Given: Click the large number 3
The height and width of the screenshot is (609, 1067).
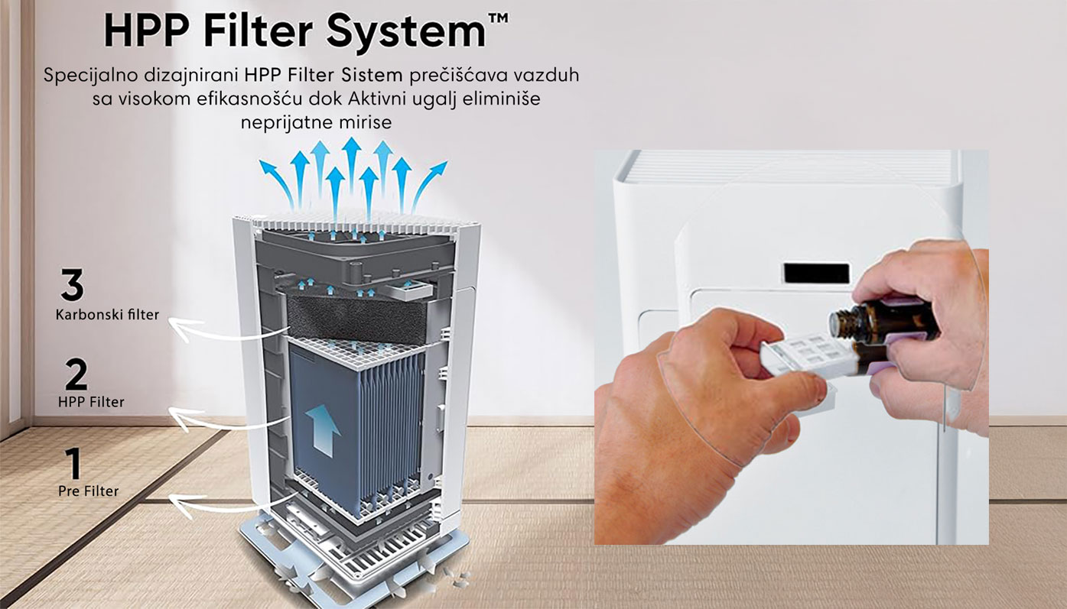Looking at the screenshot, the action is point(73,284).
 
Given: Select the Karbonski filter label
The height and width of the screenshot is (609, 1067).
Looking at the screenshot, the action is point(107,315).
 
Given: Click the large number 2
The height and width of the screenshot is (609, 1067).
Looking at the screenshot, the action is point(76,374).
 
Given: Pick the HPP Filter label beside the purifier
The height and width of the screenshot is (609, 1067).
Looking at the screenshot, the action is point(91,402).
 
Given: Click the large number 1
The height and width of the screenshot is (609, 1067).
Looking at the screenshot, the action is point(73,463).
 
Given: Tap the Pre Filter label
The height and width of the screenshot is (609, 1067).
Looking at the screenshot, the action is point(88,491).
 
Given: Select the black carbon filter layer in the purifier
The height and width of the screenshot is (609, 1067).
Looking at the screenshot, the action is point(357,319).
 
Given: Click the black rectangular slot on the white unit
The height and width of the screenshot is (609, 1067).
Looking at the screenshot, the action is point(816,273).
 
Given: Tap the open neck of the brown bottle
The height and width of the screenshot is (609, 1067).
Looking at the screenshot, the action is point(838,323).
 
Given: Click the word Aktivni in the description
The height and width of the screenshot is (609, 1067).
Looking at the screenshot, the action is point(377,99).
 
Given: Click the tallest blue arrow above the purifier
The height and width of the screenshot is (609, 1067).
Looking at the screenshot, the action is point(351,166).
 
